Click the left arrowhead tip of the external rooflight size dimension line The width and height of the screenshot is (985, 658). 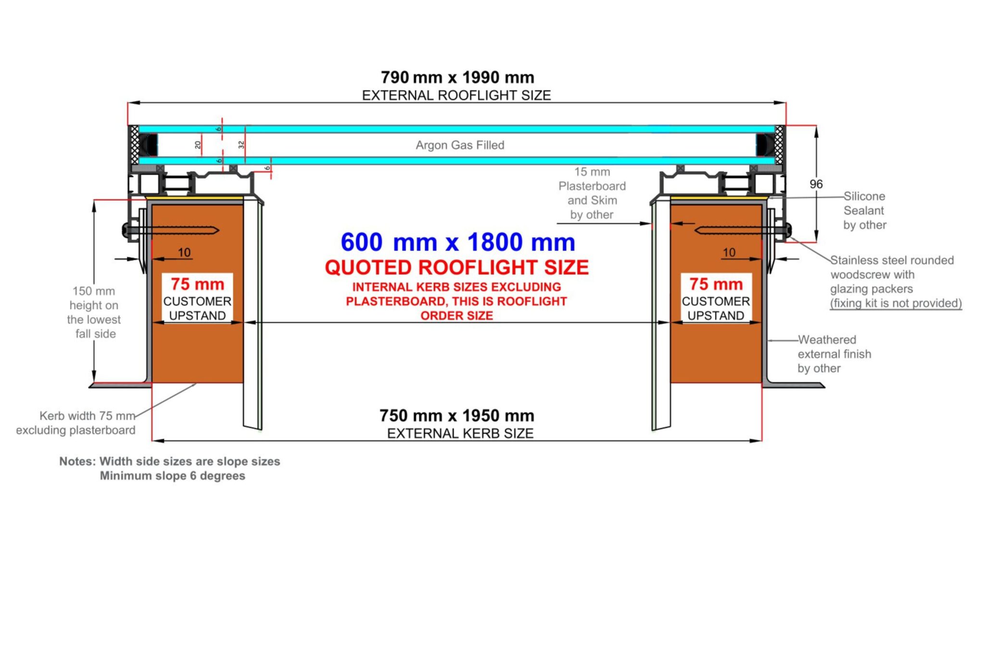128,102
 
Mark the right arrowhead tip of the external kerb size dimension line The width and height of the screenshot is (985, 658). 761,440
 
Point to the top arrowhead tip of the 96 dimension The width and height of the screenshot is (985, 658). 816,126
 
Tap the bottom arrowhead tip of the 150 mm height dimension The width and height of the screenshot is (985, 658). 94,383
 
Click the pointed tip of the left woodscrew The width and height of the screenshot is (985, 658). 219,231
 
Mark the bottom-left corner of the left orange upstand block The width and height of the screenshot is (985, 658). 152,383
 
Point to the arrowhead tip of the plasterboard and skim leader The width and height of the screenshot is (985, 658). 652,223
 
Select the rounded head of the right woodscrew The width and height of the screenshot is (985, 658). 788,230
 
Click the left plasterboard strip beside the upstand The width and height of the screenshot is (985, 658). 253,312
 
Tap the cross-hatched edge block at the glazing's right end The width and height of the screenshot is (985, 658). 780,145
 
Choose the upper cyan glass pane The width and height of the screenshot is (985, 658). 456,129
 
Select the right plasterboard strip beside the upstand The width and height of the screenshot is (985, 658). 661,312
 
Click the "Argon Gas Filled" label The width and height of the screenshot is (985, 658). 460,145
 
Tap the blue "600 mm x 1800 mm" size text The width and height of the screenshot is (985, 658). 458,242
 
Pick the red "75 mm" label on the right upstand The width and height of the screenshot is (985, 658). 716,284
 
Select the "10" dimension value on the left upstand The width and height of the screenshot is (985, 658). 184,252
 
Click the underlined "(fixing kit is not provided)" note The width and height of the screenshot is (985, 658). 896,303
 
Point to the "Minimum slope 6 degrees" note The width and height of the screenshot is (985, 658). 172,476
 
